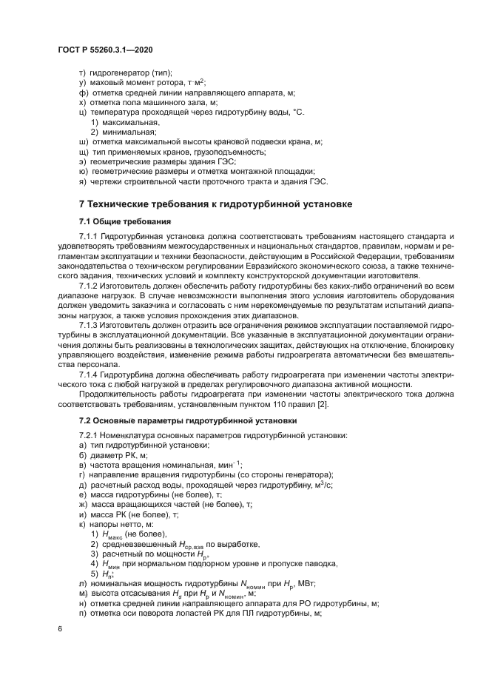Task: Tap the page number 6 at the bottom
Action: tap(59, 629)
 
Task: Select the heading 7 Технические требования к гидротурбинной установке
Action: tap(215, 204)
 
